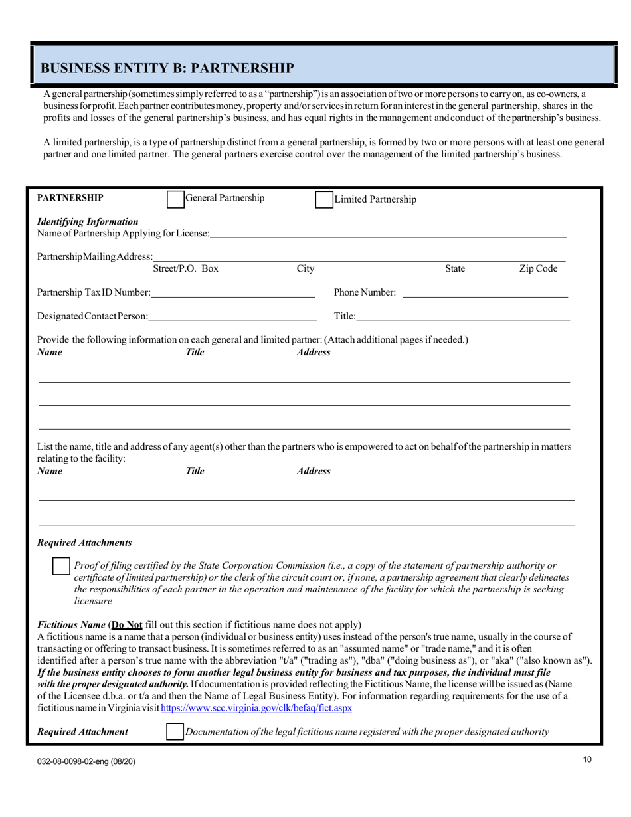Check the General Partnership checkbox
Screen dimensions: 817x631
pos(175,199)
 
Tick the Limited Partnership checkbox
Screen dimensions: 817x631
pos(323,200)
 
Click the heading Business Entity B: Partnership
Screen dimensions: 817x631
pos(167,68)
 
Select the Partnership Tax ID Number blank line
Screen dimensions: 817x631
pos(232,292)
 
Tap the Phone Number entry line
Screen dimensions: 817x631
pos(485,292)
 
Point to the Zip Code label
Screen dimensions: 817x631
pos(538,269)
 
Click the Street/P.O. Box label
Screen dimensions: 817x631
pos(185,269)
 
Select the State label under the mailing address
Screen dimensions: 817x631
pos(455,269)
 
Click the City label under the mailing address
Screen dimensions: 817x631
pos(305,269)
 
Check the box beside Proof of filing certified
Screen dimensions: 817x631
pos(61,566)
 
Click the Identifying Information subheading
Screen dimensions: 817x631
pos(88,221)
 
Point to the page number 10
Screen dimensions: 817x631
pos(587,761)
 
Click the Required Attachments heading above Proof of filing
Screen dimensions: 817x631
pos(84,543)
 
